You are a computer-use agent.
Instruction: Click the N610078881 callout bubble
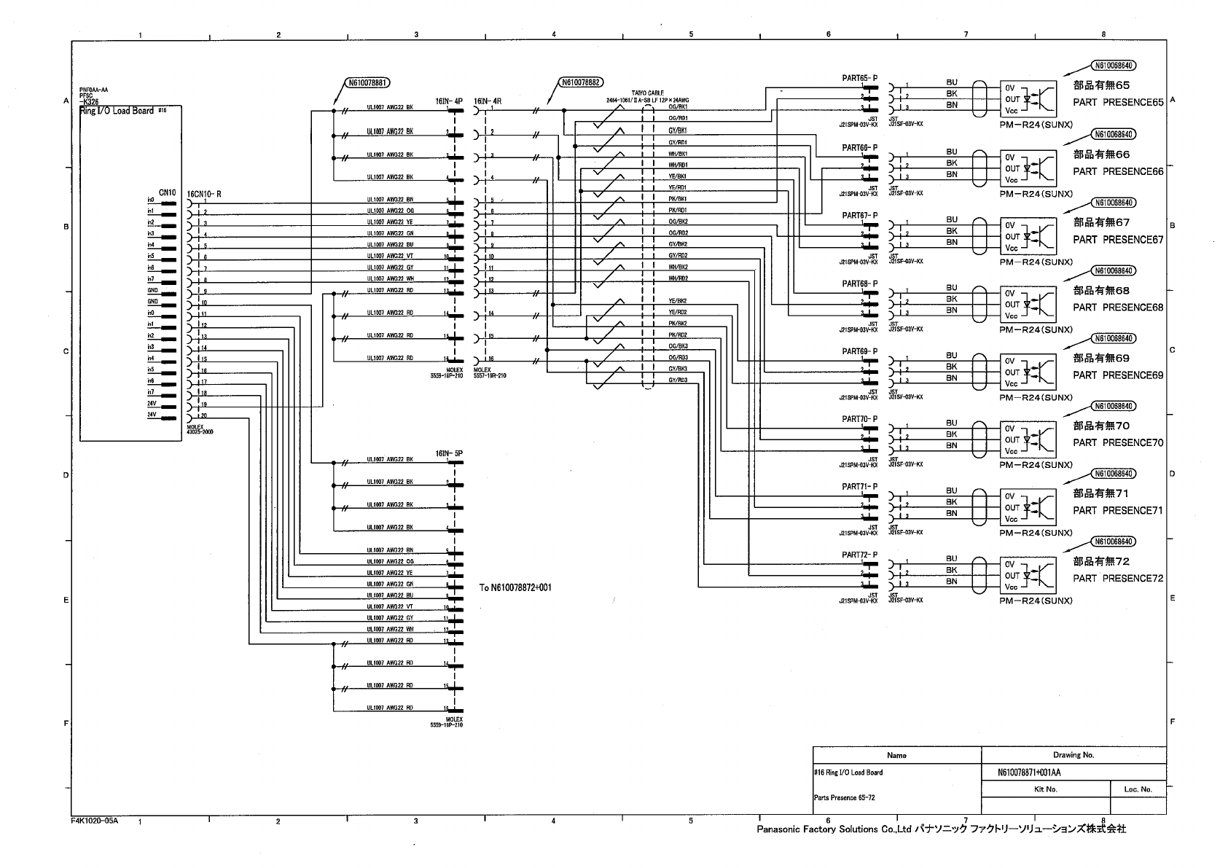pos(367,83)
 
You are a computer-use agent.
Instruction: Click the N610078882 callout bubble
pos(580,82)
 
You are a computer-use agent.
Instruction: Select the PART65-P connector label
pos(859,78)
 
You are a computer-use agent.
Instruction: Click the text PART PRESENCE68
pos(1118,308)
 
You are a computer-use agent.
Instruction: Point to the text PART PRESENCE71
pos(1118,511)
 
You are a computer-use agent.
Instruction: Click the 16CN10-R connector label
pos(203,193)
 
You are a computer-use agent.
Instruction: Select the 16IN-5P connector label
pos(449,453)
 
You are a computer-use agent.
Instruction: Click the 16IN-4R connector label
pos(488,101)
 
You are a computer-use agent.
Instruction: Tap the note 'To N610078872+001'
pos(515,587)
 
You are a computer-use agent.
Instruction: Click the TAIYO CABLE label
pos(642,93)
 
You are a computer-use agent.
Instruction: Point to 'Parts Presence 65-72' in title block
pos(844,797)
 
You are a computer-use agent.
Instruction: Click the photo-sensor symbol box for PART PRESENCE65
pos(1028,98)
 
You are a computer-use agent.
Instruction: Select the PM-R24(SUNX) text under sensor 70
pos(1036,465)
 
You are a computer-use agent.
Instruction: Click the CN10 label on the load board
pos(167,192)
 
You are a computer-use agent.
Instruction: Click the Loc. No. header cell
pos(1137,789)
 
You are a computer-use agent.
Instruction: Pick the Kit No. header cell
pos(1045,789)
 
